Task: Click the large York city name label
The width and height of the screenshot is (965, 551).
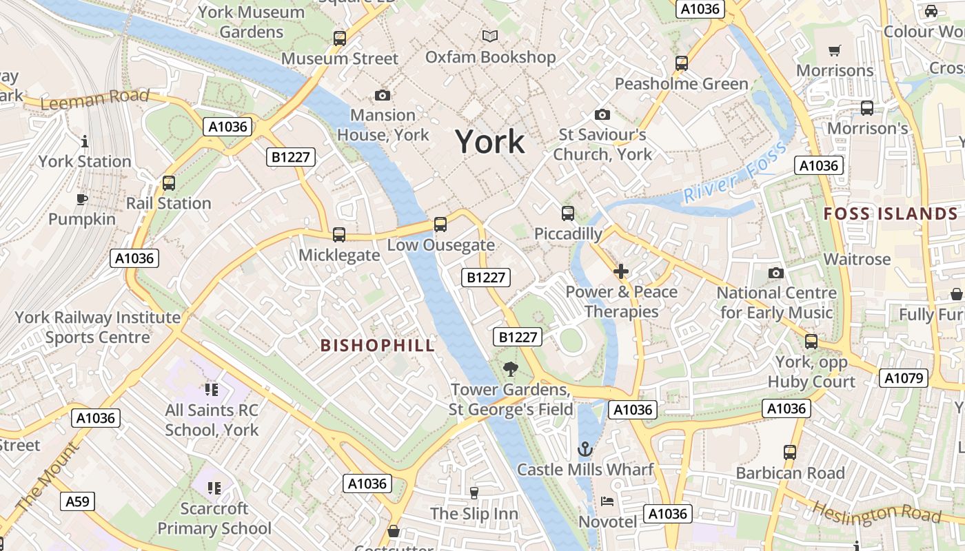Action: click(489, 142)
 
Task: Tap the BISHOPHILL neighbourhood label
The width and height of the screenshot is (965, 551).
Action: click(378, 346)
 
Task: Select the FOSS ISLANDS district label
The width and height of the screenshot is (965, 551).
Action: click(891, 214)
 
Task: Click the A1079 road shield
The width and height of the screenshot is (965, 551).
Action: click(904, 378)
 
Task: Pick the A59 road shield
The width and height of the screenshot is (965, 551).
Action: click(77, 501)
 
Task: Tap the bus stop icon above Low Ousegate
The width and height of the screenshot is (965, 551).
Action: click(440, 225)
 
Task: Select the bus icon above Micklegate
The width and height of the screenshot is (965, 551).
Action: click(339, 235)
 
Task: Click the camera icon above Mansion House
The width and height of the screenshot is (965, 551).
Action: click(382, 95)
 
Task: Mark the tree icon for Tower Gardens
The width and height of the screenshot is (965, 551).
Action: click(511, 369)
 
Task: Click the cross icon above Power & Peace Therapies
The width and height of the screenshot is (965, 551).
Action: click(621, 271)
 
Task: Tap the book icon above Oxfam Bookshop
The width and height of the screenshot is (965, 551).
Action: click(490, 37)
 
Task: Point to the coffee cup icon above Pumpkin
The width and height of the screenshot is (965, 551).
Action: click(82, 200)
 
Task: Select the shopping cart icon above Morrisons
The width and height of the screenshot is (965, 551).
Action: click(835, 50)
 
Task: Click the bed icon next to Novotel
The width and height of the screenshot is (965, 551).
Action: click(607, 501)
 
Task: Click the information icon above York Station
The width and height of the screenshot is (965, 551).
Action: click(85, 141)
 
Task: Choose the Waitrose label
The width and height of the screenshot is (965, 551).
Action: click(857, 259)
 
